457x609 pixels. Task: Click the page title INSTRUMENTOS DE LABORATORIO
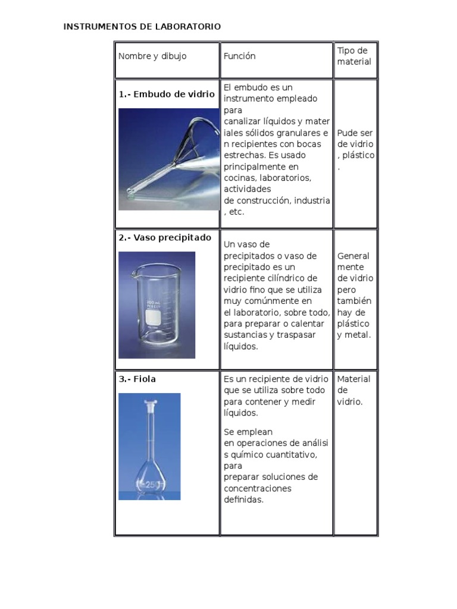[142, 27]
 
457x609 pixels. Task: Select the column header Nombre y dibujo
[152, 56]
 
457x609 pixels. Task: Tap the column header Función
[239, 56]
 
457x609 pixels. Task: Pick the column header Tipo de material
[354, 56]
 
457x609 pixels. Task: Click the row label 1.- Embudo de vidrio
[167, 94]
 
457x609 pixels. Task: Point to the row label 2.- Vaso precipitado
[165, 237]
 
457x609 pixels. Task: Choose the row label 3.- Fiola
[137, 379]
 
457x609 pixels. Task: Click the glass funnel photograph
[168, 159]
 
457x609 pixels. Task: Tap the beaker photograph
[156, 304]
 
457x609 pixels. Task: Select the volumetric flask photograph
[149, 446]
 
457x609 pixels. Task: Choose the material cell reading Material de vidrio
[353, 390]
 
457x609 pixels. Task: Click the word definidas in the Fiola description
[243, 500]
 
